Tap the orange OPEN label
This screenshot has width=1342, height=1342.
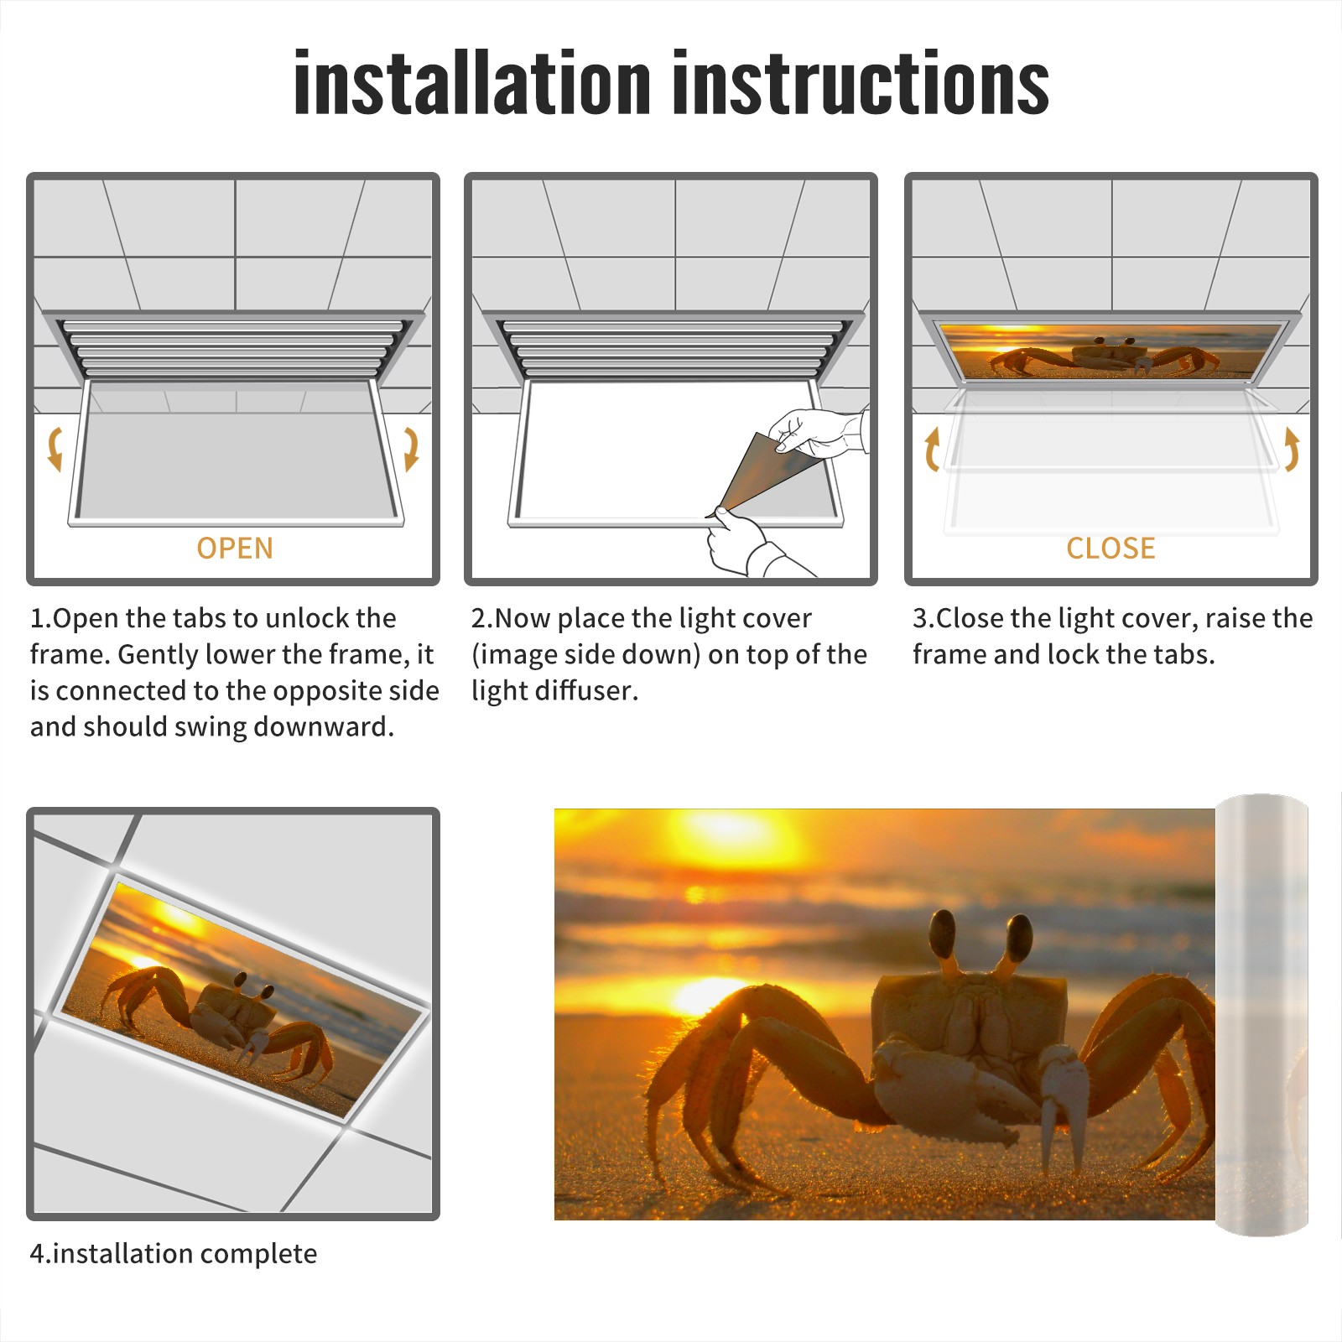click(235, 549)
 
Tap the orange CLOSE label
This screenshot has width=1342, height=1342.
click(1111, 549)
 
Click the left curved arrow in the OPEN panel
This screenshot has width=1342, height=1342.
click(54, 449)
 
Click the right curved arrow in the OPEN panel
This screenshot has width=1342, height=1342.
click(411, 449)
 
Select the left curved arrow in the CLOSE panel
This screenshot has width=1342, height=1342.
click(931, 449)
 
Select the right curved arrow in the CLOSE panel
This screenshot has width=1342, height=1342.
click(1292, 449)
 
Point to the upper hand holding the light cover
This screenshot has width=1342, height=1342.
click(819, 432)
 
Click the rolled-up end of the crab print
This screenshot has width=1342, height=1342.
click(1261, 1015)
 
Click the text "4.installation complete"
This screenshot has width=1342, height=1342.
click(174, 1254)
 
